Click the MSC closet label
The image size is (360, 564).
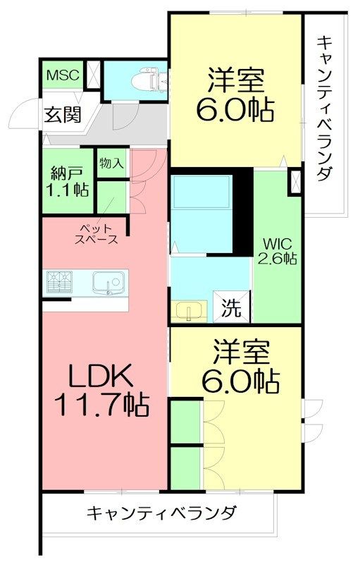click(x=63, y=75)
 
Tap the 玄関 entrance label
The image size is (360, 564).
click(x=63, y=114)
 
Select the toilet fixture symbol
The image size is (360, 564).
click(x=149, y=79)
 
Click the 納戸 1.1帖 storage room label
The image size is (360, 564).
click(x=68, y=181)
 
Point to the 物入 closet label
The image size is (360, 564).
click(x=112, y=164)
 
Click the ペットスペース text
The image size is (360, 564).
click(x=96, y=234)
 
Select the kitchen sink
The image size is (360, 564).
click(x=108, y=283)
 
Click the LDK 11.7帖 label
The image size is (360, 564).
click(x=101, y=390)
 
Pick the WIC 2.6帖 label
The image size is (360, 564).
click(x=277, y=251)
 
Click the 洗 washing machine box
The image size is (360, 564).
click(x=231, y=307)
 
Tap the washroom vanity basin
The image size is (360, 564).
click(x=188, y=311)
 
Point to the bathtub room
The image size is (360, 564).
click(x=201, y=214)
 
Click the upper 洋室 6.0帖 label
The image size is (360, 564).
click(x=235, y=95)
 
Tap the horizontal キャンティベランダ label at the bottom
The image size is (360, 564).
click(x=162, y=513)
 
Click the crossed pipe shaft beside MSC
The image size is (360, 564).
click(x=94, y=75)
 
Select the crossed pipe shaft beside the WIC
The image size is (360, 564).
click(x=295, y=183)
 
